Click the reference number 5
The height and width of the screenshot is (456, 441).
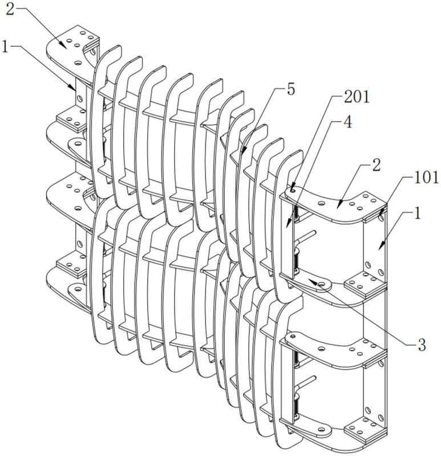click(291, 89)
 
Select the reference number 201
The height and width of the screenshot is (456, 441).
click(357, 97)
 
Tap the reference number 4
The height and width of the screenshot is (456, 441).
click(347, 123)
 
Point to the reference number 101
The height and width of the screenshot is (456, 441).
click(426, 177)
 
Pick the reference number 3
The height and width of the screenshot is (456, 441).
click(421, 345)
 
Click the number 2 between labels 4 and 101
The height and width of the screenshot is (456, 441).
click(377, 165)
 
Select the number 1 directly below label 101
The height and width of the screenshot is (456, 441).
click(418, 215)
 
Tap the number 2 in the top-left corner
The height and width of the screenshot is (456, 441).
click(10, 10)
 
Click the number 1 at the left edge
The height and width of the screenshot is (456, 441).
click(5, 47)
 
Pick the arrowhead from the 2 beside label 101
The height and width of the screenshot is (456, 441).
click(339, 201)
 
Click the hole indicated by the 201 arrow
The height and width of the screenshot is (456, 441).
click(293, 191)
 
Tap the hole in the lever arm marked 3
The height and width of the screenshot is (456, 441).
click(322, 284)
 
